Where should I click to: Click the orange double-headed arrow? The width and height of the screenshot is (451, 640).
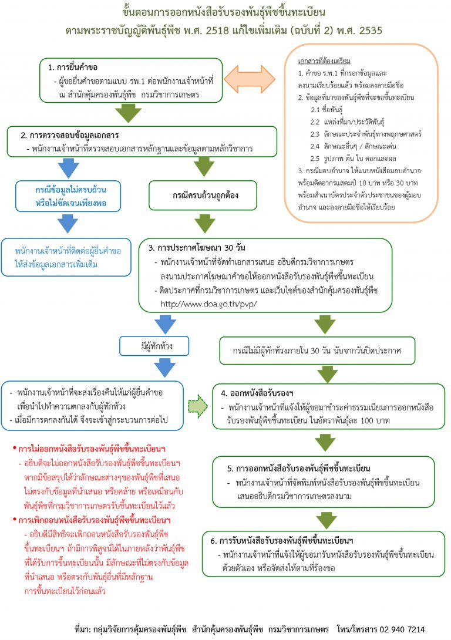tap(250, 78)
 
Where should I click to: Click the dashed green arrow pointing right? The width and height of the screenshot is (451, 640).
tap(198, 406)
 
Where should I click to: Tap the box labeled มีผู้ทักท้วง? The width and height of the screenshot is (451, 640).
tap(154, 346)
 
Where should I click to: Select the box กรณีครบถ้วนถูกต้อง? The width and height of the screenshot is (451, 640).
tap(203, 195)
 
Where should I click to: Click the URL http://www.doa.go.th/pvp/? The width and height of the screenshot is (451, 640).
tap(208, 304)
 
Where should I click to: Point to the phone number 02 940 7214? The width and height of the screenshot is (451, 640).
tap(402, 629)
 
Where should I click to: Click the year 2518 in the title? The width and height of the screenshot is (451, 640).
tap(217, 31)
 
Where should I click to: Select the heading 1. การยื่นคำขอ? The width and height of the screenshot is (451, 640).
tap(73, 68)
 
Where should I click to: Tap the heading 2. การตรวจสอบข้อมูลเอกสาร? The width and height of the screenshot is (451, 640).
tap(70, 135)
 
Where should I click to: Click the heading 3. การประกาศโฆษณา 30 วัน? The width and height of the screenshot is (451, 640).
tap(197, 247)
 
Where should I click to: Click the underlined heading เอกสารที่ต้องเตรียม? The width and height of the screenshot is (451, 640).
tap(324, 61)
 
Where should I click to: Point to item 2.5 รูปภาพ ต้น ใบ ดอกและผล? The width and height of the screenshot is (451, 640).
tap(353, 159)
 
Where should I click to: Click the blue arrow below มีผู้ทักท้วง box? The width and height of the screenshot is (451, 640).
tap(165, 368)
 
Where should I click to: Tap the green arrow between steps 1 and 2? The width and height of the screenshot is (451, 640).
tap(128, 113)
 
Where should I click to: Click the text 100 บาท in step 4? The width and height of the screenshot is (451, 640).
tap(375, 421)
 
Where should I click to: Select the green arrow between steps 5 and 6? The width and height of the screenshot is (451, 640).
tap(326, 519)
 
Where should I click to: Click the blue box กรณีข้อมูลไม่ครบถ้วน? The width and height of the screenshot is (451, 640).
tap(68, 196)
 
